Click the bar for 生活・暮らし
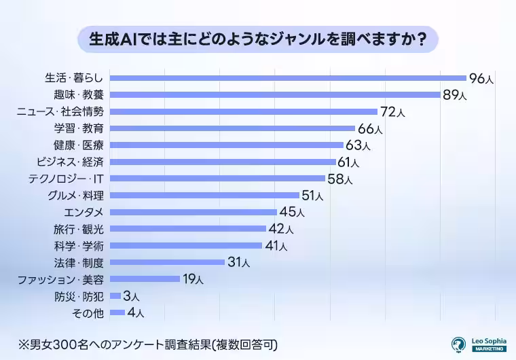click(288, 78)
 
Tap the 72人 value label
click(392, 111)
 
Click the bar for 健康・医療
click(226, 145)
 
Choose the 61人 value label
click(348, 162)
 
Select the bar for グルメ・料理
click(204, 196)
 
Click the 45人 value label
click(293, 212)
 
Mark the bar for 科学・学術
click(185, 245)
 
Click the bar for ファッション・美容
click(145, 278)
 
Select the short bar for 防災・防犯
click(115, 295)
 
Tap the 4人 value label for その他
click(136, 312)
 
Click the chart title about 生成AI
click(257, 39)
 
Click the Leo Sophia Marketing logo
click(479, 344)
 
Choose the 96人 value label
click(481, 78)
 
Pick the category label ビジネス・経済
click(69, 162)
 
